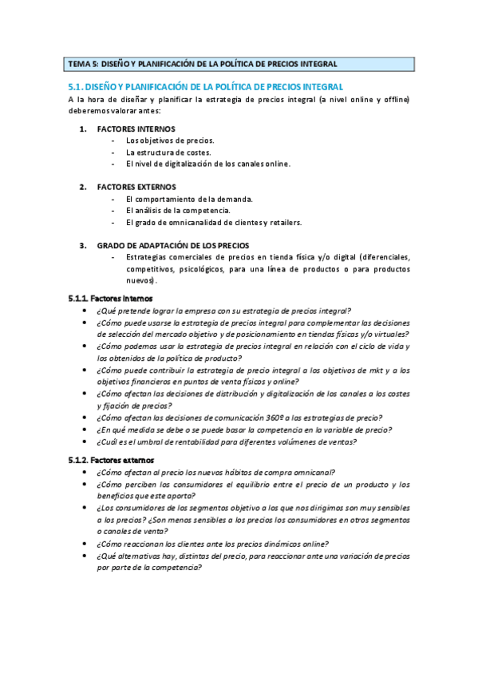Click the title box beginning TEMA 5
239,64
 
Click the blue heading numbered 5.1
206,86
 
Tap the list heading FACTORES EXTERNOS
136,187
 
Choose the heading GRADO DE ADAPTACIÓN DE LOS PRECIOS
172,245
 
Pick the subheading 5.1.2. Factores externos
105,461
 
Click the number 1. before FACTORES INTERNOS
83,129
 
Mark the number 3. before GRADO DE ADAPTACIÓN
83,245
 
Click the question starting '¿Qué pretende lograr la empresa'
223,311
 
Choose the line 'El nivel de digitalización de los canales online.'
208,164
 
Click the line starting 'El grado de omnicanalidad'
214,222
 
